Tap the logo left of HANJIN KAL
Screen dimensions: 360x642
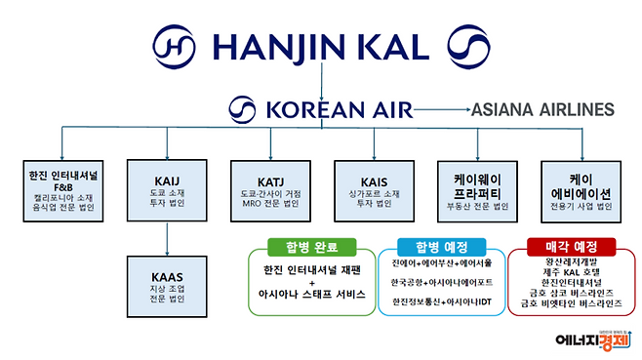tap(179, 47)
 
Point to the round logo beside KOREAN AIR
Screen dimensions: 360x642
tap(241, 108)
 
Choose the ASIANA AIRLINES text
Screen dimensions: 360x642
tap(542, 108)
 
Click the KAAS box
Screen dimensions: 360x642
tap(167, 284)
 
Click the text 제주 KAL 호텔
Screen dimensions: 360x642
tap(574, 275)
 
